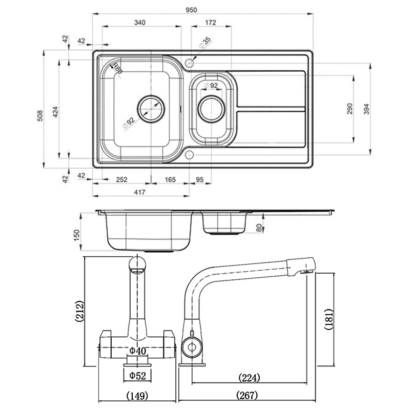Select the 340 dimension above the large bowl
pyautogui.click(x=139, y=23)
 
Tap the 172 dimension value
pyautogui.click(x=211, y=23)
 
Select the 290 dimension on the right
pyautogui.click(x=350, y=109)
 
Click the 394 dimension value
pyautogui.click(x=366, y=109)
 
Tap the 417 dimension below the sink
pyautogui.click(x=140, y=192)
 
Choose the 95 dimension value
pyautogui.click(x=200, y=179)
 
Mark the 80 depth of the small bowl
pyautogui.click(x=259, y=228)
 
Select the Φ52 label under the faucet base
pyautogui.click(x=137, y=376)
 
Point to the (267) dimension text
pyautogui.click(x=247, y=396)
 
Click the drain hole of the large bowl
pyautogui.click(x=151, y=109)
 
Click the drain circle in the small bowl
pyautogui.click(x=212, y=109)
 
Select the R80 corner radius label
pyautogui.click(x=117, y=68)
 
